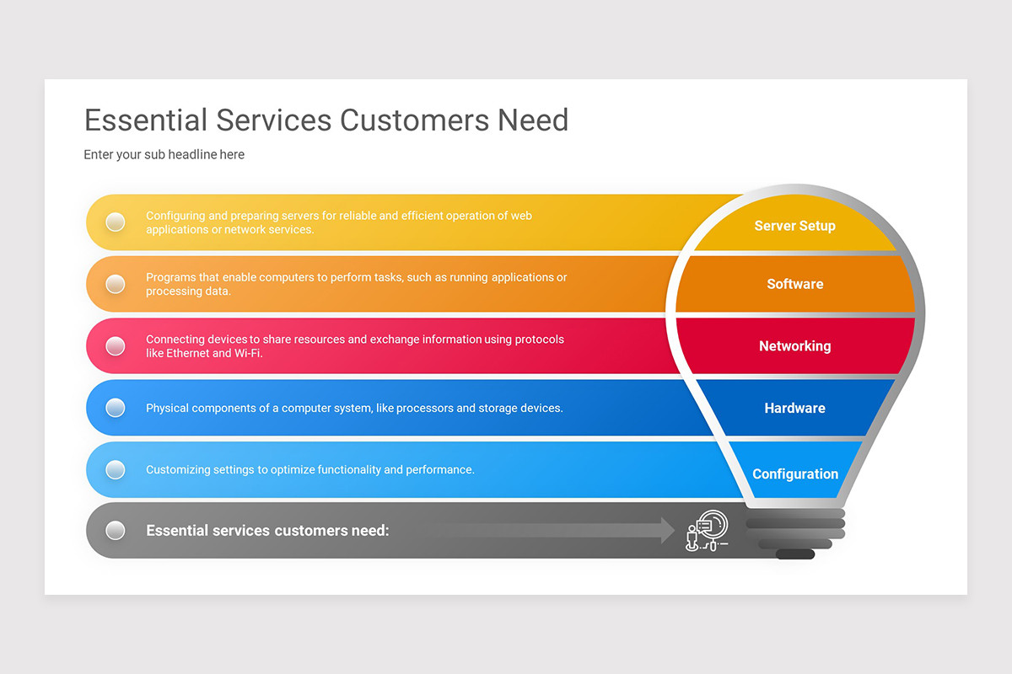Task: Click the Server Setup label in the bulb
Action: click(794, 226)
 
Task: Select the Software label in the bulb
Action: click(795, 284)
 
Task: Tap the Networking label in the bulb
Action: click(795, 346)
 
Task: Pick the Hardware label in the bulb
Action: click(794, 408)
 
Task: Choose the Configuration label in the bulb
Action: click(795, 474)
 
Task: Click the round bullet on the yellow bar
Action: click(116, 222)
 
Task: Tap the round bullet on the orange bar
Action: click(116, 284)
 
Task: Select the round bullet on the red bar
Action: click(116, 346)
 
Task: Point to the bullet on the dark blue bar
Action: click(116, 408)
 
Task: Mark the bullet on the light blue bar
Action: click(116, 469)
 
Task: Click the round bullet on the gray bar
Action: click(116, 531)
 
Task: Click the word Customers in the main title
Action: click(414, 120)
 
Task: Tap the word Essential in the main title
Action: click(146, 120)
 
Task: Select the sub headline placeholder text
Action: click(164, 154)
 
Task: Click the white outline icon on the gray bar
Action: click(707, 531)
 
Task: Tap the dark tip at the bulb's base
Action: click(795, 554)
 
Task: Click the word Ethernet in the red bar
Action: click(187, 353)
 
